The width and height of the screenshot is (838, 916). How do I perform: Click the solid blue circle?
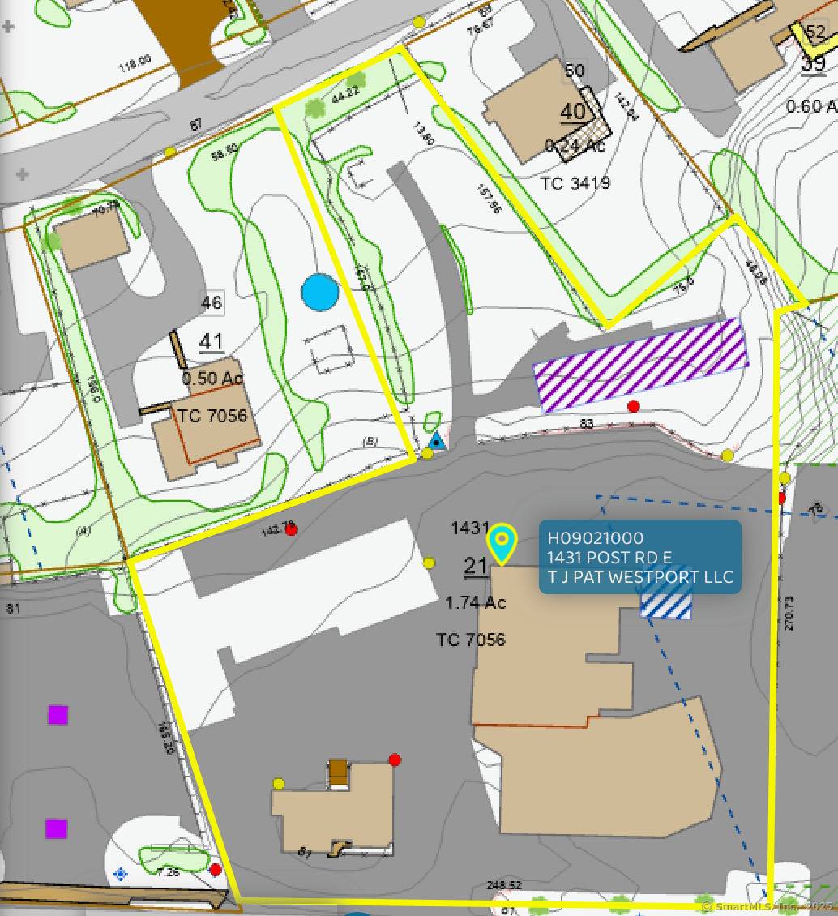[x=319, y=293]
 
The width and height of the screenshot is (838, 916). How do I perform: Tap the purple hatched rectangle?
[x=640, y=365]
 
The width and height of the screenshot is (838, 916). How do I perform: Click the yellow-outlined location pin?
[x=502, y=543]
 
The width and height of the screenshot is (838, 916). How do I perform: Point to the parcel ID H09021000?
[x=596, y=538]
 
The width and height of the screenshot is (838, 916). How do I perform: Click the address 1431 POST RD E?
[x=609, y=558]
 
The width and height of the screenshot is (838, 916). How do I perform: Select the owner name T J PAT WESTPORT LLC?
[x=640, y=577]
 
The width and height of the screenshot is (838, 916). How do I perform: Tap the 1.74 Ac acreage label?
[x=476, y=603]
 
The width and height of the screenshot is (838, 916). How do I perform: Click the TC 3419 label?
[x=575, y=183]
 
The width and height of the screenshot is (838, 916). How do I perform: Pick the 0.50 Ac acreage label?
[x=212, y=379]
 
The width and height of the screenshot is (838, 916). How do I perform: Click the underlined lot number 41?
[x=212, y=342]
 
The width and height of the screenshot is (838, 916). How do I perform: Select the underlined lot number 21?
[x=475, y=566]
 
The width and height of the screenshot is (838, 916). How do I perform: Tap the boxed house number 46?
[x=212, y=303]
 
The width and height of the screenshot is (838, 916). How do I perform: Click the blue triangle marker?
[x=437, y=442]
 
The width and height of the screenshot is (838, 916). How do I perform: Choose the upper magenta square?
[x=58, y=715]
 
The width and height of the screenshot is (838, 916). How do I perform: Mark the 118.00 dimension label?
[x=135, y=62]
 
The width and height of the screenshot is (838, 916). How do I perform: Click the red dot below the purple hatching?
[x=634, y=406]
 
